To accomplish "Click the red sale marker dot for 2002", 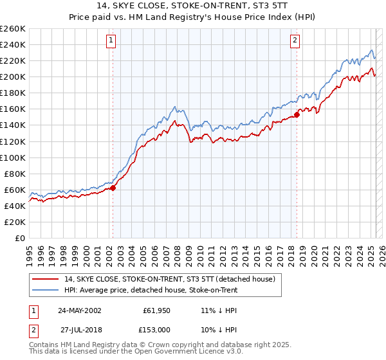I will [x=113, y=188].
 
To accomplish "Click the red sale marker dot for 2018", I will [x=297, y=114].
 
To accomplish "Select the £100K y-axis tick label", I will [x=13, y=157].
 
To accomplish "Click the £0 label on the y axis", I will [x=19, y=238].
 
